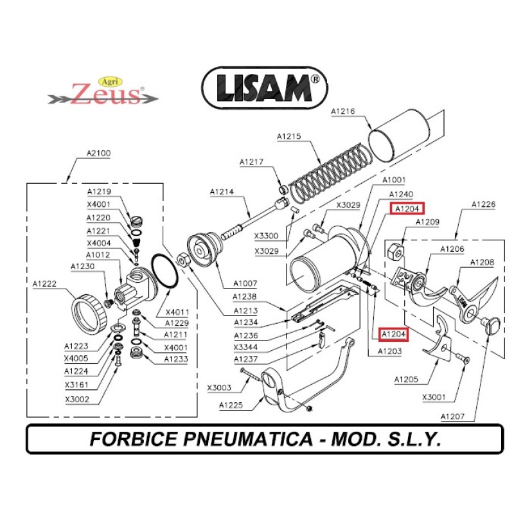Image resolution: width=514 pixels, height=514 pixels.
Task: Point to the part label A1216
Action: (x=342, y=112)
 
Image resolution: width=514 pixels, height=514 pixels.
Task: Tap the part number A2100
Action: (x=98, y=154)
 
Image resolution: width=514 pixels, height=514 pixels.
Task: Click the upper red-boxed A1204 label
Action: (x=407, y=209)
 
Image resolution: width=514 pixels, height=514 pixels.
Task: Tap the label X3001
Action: (x=434, y=397)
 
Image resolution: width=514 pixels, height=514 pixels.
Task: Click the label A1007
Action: (x=245, y=283)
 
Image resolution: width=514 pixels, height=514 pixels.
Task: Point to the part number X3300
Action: (x=266, y=236)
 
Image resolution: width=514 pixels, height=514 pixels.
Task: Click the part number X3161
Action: (x=76, y=385)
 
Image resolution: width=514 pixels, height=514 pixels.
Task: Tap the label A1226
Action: (x=483, y=204)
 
